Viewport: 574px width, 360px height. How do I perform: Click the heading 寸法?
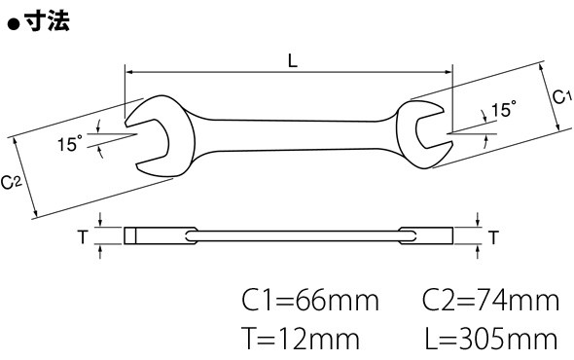(48, 21)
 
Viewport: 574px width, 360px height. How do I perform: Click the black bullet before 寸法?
(14, 24)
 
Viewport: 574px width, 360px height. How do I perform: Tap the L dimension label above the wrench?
(293, 60)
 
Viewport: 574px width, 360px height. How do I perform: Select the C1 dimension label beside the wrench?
(561, 97)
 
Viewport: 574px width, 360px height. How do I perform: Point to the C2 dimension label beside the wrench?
(11, 182)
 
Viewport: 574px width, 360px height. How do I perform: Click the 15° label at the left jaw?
(70, 143)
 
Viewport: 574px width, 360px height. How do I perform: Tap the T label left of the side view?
(83, 237)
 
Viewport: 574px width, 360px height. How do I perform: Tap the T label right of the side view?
(494, 237)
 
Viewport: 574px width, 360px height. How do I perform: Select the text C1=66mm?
(310, 301)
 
